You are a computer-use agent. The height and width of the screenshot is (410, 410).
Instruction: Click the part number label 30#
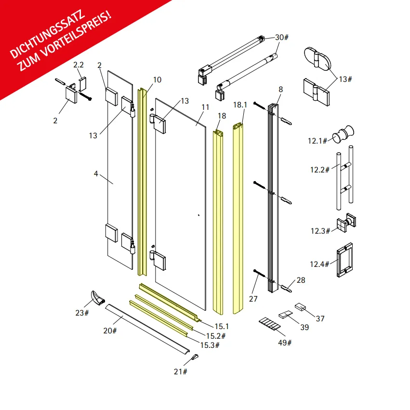(282, 38)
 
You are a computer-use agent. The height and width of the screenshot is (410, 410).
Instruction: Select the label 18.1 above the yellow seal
(240, 105)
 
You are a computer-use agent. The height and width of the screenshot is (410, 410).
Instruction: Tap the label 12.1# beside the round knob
(317, 141)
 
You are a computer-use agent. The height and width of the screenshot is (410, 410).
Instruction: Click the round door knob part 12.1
(344, 134)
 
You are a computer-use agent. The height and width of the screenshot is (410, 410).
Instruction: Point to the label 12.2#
(320, 170)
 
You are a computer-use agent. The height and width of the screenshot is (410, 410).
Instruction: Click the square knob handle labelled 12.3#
(346, 222)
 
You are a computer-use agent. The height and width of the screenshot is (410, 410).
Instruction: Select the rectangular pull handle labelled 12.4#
(344, 260)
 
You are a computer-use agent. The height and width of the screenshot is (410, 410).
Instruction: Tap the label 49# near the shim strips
(285, 343)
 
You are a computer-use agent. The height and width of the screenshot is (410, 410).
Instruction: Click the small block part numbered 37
(300, 306)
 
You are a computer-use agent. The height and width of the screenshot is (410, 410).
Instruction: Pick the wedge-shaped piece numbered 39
(286, 314)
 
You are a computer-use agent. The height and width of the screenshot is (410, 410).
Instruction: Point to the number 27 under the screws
(253, 299)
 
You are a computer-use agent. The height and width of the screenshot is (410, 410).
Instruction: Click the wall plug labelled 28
(286, 289)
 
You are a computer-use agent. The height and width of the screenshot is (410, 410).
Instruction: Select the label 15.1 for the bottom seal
(222, 326)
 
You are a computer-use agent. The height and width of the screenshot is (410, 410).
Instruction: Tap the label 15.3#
(210, 345)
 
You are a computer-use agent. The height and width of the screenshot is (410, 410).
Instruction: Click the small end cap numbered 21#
(195, 357)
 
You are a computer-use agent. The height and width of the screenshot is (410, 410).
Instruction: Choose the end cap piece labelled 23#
(97, 298)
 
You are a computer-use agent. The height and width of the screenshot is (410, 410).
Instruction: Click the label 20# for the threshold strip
(110, 331)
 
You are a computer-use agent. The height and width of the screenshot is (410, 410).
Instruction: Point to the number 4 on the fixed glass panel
(96, 173)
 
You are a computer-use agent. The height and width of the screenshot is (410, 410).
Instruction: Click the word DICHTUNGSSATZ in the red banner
(47, 34)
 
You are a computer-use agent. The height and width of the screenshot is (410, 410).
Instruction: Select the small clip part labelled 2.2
(83, 84)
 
